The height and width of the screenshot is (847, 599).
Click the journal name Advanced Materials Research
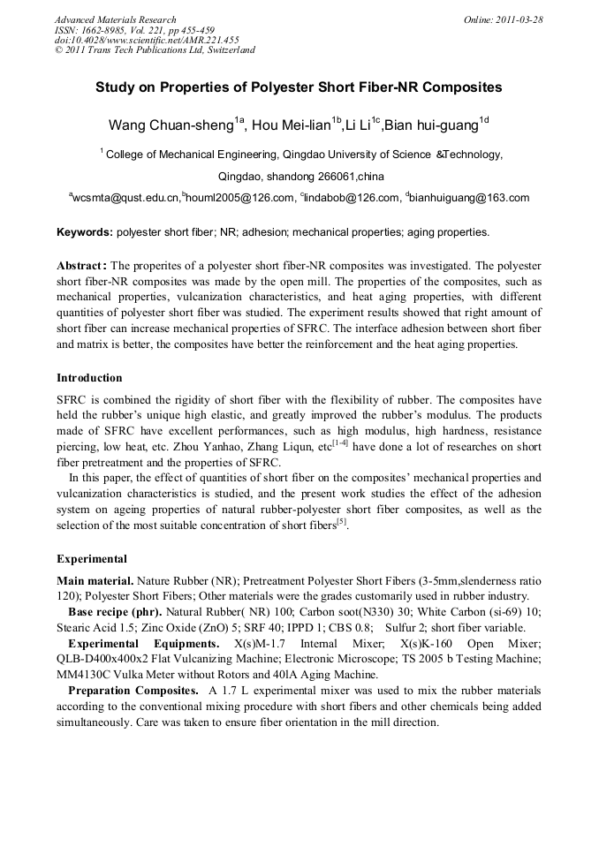[115, 19]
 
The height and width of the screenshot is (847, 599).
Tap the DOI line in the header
[147, 40]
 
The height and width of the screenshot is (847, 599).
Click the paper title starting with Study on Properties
[299, 87]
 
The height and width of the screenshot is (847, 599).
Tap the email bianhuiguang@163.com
[470, 199]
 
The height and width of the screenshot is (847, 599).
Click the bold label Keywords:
[85, 233]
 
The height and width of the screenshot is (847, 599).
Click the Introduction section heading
[89, 378]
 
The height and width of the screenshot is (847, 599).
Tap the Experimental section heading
[92, 559]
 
